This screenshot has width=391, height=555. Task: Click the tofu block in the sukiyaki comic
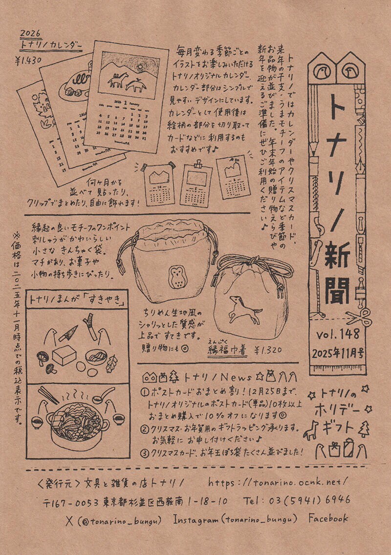[64, 356]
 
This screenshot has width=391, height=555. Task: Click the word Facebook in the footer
[328, 518]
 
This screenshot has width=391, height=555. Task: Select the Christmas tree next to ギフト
[363, 428]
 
